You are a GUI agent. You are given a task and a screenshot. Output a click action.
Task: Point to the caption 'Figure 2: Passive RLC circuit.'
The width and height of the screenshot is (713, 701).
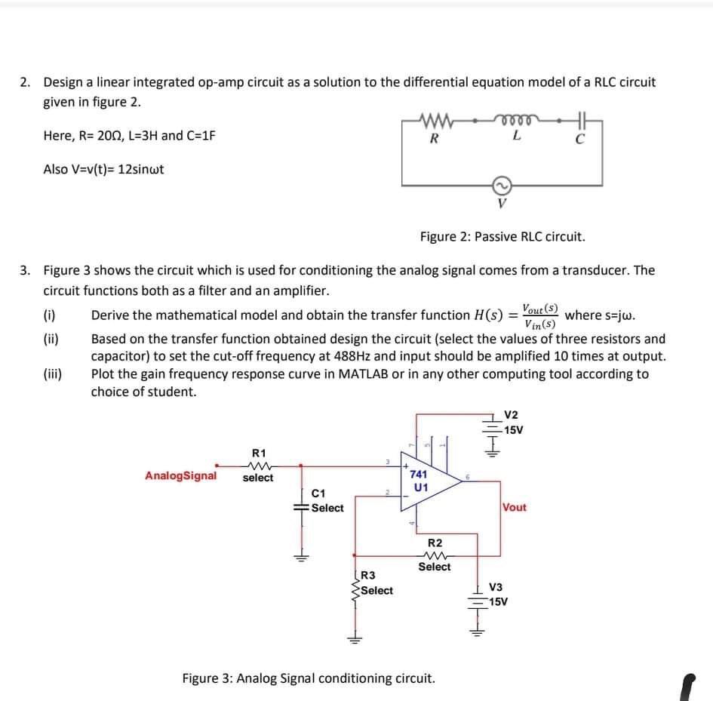tap(502, 236)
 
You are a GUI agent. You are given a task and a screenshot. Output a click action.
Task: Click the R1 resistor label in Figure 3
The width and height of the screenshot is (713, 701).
tap(258, 453)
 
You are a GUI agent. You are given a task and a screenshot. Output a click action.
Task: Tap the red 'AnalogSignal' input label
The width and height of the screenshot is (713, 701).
tap(180, 476)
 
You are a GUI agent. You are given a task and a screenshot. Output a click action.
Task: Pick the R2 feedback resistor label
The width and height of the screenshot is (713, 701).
tap(435, 543)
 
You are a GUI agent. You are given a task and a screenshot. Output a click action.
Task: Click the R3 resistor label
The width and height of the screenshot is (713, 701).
tap(369, 577)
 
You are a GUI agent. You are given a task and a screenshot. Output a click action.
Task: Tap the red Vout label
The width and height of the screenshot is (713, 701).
tap(515, 507)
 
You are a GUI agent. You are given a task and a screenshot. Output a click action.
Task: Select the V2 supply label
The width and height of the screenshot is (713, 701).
tap(511, 415)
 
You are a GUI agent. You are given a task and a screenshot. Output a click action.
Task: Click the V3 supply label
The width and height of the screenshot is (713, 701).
tap(496, 588)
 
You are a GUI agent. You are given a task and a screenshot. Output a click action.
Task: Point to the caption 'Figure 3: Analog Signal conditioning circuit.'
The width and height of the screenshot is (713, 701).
tap(309, 678)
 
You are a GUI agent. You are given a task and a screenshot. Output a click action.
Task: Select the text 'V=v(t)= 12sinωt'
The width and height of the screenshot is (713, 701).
tap(103, 169)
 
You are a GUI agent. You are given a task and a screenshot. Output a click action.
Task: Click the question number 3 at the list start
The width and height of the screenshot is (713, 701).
tap(26, 269)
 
